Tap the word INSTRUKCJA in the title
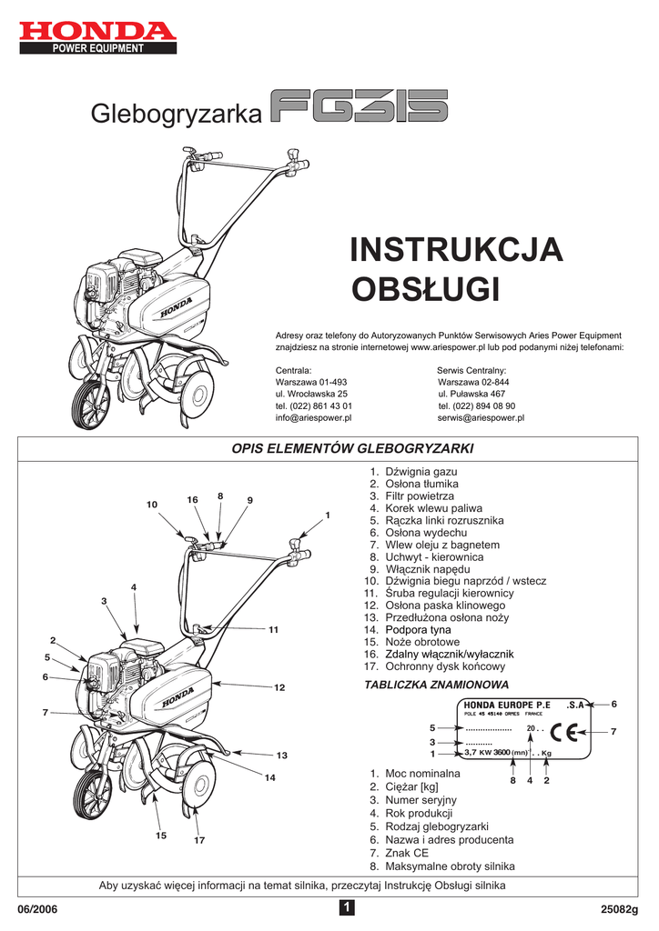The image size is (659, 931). (456, 250)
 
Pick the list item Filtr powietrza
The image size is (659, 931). (420, 496)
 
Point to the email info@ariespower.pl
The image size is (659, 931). (313, 418)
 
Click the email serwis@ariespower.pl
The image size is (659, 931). (481, 418)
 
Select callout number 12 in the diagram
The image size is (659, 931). (280, 687)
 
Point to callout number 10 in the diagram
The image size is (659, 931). (152, 504)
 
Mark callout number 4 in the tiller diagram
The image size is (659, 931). (134, 586)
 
